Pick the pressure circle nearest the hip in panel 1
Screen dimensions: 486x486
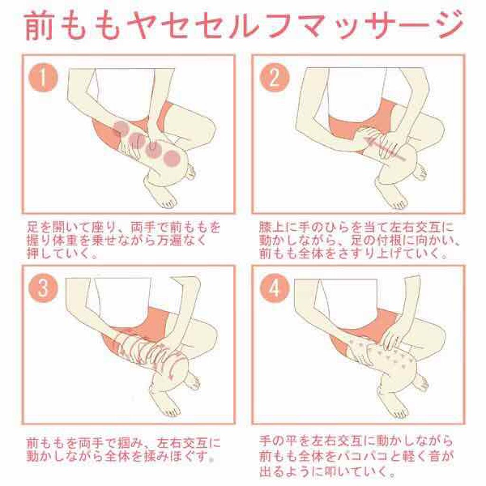[x=121, y=128]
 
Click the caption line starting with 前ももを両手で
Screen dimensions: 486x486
[x=123, y=443]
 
